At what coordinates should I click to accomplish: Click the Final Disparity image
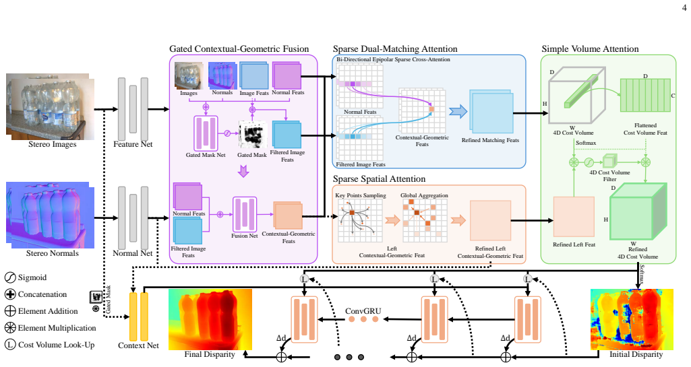click(x=210, y=319)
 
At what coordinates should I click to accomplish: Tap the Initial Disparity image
click(x=632, y=319)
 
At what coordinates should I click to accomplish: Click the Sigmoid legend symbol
click(x=10, y=277)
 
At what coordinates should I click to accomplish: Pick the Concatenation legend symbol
click(x=10, y=294)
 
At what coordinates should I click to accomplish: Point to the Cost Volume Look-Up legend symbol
click(x=10, y=345)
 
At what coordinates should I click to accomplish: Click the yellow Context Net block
click(x=138, y=316)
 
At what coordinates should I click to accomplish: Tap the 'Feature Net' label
click(x=133, y=144)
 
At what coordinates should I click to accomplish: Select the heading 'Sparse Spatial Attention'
click(x=379, y=179)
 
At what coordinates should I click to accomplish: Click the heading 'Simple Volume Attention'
click(x=590, y=49)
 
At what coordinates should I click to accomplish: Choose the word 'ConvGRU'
click(x=363, y=311)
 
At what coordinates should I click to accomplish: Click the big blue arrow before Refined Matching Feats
click(x=458, y=111)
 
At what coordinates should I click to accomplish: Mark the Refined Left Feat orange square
click(x=574, y=217)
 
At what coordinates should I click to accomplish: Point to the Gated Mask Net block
click(x=206, y=133)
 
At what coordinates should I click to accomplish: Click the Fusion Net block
click(x=245, y=214)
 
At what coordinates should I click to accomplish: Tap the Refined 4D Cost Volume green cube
click(x=638, y=212)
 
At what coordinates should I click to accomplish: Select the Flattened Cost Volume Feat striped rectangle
click(x=645, y=96)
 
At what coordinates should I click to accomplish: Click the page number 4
click(x=684, y=7)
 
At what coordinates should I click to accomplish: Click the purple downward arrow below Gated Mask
click(x=243, y=171)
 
